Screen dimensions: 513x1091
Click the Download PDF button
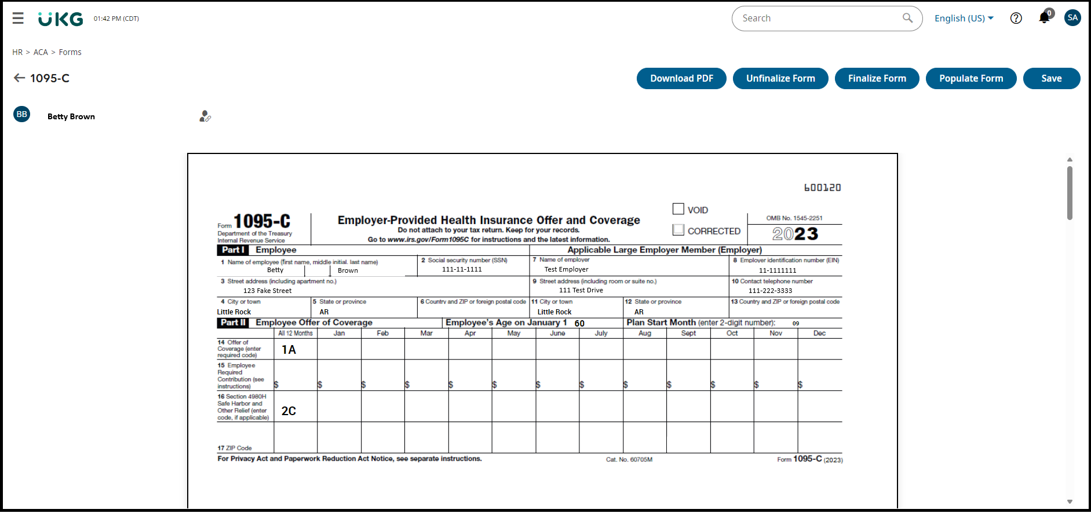tap(681, 79)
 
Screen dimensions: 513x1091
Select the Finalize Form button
tap(877, 79)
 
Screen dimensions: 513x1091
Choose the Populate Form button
tap(970, 79)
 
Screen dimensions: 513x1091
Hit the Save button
tap(1051, 79)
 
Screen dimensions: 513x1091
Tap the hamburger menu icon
tap(18, 19)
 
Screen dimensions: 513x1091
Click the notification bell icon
tap(1044, 17)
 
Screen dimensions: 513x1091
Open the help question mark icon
tap(1016, 19)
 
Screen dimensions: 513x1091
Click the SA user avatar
tap(1072, 18)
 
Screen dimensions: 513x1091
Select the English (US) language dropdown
tap(964, 19)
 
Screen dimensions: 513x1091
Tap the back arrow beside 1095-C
tap(19, 78)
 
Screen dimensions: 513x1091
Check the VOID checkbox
tap(678, 209)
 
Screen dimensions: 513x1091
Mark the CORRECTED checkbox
tap(678, 230)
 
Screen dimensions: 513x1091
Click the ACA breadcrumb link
tap(41, 52)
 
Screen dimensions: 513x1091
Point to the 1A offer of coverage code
tap(289, 350)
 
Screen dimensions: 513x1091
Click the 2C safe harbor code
tap(289, 411)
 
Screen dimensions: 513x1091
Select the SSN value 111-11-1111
tap(462, 269)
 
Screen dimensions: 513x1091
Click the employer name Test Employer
tap(566, 269)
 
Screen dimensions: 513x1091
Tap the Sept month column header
tap(688, 334)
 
